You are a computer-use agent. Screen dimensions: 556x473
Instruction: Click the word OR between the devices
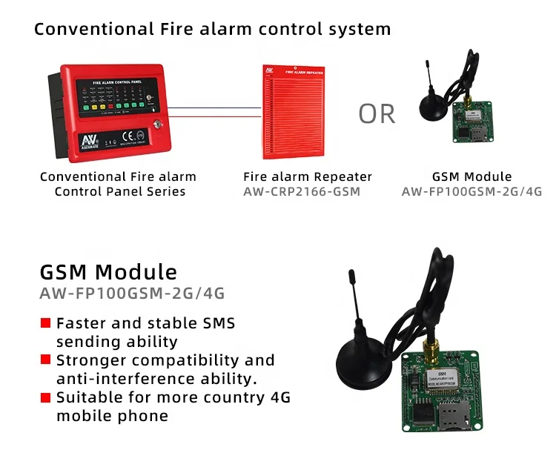click(x=377, y=113)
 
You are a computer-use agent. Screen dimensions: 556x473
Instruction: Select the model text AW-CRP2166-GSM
click(x=301, y=191)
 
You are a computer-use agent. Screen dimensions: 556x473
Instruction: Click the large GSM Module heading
click(x=108, y=271)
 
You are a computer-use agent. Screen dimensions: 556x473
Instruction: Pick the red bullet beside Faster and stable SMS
click(x=45, y=324)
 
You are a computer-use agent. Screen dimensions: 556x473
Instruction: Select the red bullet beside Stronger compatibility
click(x=45, y=360)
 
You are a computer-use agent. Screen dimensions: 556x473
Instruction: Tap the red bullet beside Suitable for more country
click(x=45, y=397)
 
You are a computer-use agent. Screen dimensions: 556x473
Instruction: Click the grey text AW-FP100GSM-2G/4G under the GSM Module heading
click(x=132, y=294)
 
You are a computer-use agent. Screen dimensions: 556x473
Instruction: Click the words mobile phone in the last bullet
click(x=112, y=416)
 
